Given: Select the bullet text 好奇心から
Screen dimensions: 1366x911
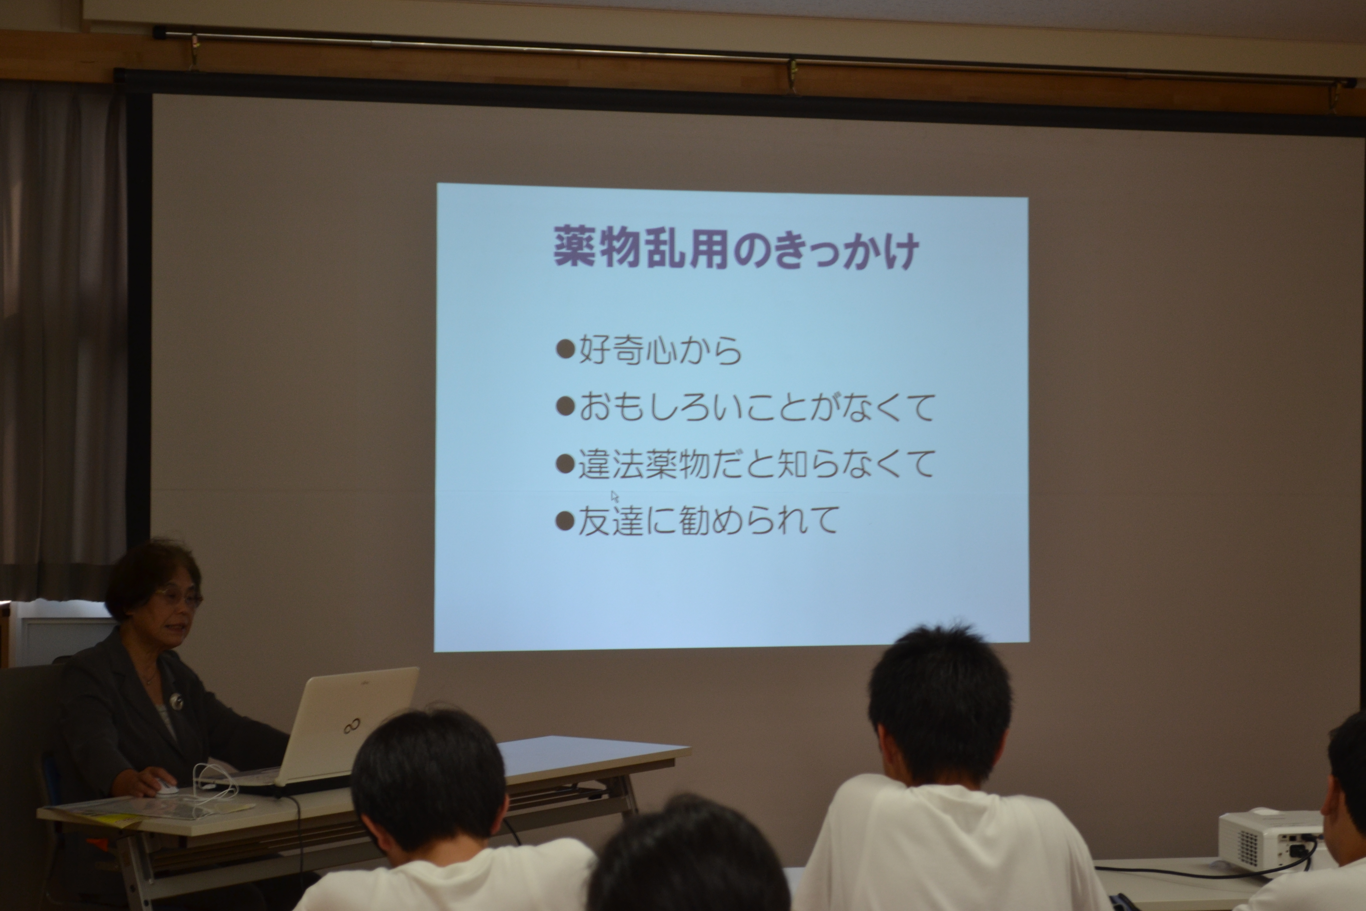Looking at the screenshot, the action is [x=660, y=350].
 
